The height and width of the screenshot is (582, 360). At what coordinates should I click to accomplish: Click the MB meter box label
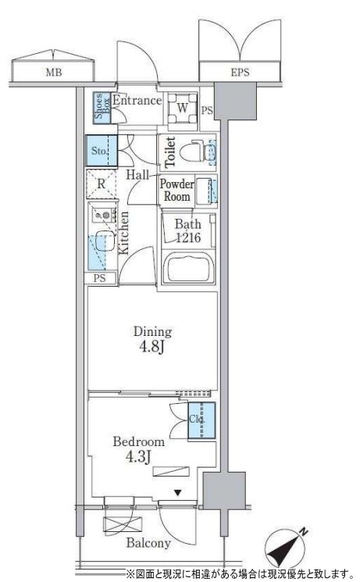coord(54,72)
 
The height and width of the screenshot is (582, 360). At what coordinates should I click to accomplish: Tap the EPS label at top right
coord(240,72)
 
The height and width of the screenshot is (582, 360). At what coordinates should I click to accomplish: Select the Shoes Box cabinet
coord(102,108)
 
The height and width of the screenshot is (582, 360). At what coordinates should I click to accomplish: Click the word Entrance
coord(137,100)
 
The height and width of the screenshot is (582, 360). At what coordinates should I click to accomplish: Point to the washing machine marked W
coord(182,109)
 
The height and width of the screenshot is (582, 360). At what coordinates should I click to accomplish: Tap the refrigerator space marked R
coord(101,184)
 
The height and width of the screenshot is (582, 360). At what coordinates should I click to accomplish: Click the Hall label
coord(137,175)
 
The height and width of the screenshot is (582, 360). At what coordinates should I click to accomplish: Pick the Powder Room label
coord(177,190)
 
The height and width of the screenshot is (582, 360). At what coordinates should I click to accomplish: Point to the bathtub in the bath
coord(189,267)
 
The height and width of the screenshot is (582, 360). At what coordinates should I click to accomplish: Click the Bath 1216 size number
coord(188,237)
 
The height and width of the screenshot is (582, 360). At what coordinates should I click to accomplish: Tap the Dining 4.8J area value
coord(152,348)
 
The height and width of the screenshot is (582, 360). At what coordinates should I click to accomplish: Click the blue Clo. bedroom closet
coord(201,420)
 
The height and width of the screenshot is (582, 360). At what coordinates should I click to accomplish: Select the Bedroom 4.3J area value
coord(138,457)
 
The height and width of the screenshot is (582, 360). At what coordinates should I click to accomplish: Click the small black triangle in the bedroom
coord(178,493)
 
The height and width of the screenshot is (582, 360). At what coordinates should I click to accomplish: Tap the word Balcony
coord(148,543)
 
